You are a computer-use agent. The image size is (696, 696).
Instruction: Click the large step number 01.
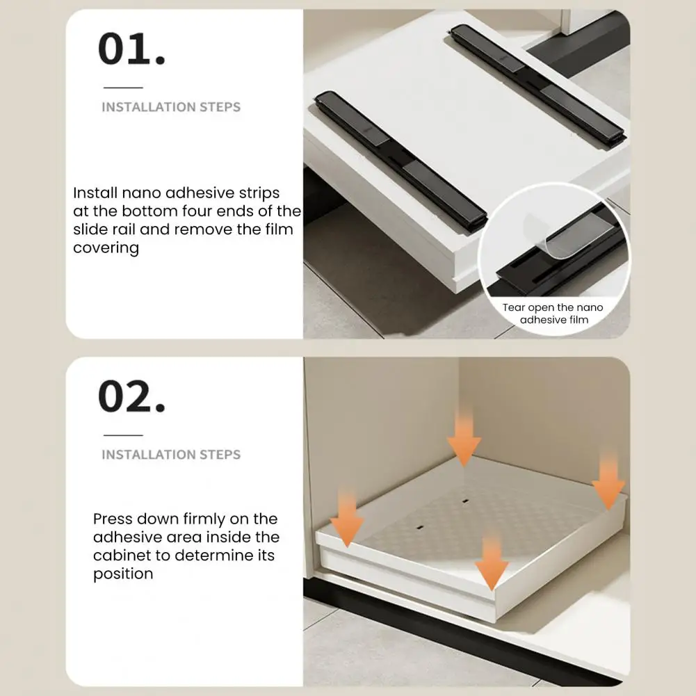tap(132, 49)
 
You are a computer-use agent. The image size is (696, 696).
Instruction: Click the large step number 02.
tap(132, 396)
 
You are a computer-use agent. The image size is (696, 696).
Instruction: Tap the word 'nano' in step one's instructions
tap(141, 193)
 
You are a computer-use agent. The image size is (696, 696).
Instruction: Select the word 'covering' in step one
tap(106, 248)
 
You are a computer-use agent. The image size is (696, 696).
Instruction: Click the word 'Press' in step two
tap(113, 519)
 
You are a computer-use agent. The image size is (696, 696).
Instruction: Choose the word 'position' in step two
tap(123, 574)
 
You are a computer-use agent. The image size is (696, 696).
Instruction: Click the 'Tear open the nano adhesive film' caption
tap(553, 314)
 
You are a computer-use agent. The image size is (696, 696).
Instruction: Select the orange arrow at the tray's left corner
tap(347, 517)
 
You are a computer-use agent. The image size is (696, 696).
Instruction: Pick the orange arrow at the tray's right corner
tap(608, 482)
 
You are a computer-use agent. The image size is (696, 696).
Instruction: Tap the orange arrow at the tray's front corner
tap(492, 562)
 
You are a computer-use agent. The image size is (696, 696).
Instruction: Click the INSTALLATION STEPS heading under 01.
tap(171, 107)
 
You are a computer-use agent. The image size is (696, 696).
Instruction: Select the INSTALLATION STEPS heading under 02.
tap(171, 455)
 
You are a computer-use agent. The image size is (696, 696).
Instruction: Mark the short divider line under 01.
tap(123, 88)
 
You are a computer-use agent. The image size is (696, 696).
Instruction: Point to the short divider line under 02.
tap(123, 435)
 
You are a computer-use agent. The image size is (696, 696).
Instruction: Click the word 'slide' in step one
tap(89, 229)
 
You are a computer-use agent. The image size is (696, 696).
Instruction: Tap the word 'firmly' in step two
tap(208, 519)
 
